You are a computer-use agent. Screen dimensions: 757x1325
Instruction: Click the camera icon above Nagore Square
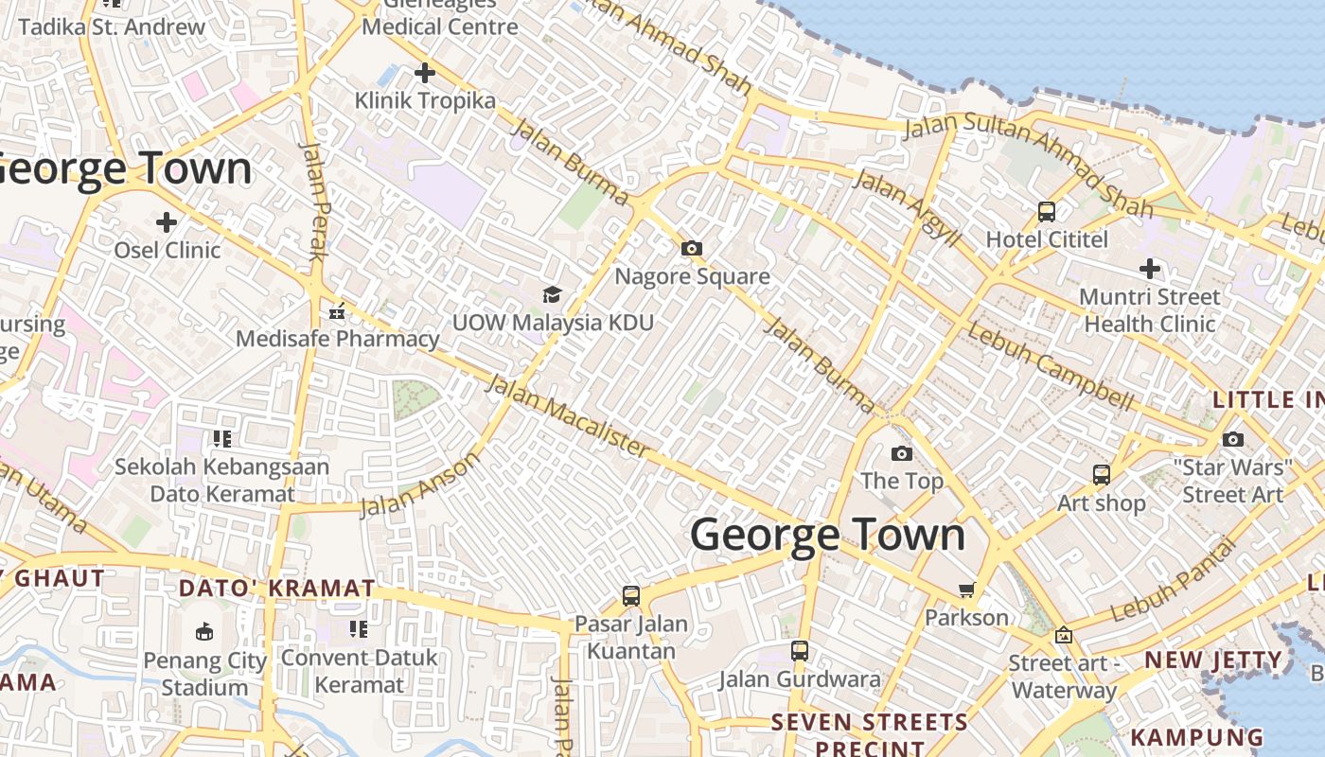(x=692, y=248)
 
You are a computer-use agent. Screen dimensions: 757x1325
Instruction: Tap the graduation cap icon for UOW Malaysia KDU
(x=552, y=294)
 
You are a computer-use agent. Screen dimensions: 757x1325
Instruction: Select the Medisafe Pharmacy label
(x=338, y=339)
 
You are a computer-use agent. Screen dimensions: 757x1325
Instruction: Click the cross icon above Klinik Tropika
(x=425, y=72)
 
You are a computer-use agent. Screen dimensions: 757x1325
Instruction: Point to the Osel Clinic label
(x=168, y=251)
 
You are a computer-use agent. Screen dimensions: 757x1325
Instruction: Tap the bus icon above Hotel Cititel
(x=1047, y=211)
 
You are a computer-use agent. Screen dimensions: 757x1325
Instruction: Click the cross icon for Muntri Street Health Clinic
(x=1150, y=269)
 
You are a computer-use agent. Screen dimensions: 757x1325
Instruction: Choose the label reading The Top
(x=902, y=481)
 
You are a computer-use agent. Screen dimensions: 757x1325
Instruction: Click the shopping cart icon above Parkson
(x=966, y=590)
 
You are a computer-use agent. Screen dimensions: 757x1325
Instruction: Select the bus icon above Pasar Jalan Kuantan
(x=631, y=596)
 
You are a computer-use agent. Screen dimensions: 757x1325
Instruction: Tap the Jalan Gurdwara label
(x=800, y=679)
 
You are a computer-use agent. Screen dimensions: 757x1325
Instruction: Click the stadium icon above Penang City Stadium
(x=203, y=631)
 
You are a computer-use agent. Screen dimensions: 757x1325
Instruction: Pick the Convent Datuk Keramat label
(x=360, y=670)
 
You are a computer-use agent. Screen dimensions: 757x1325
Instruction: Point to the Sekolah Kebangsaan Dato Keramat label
(x=222, y=480)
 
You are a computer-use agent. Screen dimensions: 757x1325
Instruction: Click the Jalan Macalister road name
(x=569, y=415)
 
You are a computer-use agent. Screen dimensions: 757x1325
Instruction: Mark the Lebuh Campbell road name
(x=1050, y=366)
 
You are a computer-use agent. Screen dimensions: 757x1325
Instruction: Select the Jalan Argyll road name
(x=906, y=205)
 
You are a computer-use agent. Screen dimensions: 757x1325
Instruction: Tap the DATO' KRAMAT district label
(x=277, y=589)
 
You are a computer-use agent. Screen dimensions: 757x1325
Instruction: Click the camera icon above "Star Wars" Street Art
(x=1232, y=439)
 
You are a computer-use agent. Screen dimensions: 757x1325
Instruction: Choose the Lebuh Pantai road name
(x=1174, y=580)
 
